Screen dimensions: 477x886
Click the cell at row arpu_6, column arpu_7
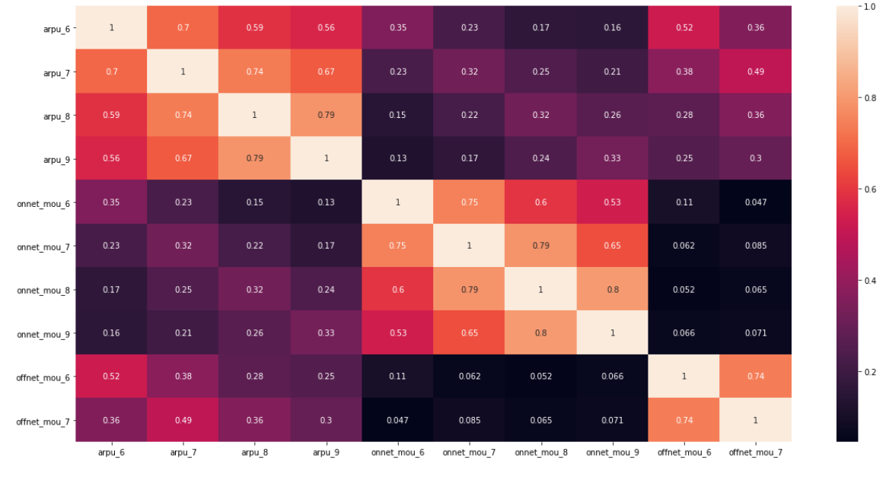183,27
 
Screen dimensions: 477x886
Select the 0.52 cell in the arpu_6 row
684,27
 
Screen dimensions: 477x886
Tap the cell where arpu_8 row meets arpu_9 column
327,115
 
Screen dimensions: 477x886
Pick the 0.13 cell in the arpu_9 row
398,158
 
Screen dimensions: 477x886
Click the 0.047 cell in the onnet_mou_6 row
755,202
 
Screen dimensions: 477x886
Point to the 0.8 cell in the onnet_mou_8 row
612,289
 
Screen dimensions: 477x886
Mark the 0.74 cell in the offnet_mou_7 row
684,420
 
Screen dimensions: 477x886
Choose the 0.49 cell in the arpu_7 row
755,71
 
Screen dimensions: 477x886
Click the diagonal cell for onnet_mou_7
470,246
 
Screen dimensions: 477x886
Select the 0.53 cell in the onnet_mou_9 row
398,332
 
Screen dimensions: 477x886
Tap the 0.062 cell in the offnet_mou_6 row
470,377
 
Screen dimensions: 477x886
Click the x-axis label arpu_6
112,453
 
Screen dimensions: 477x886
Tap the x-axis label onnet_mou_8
540,453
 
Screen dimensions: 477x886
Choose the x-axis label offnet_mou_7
755,453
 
